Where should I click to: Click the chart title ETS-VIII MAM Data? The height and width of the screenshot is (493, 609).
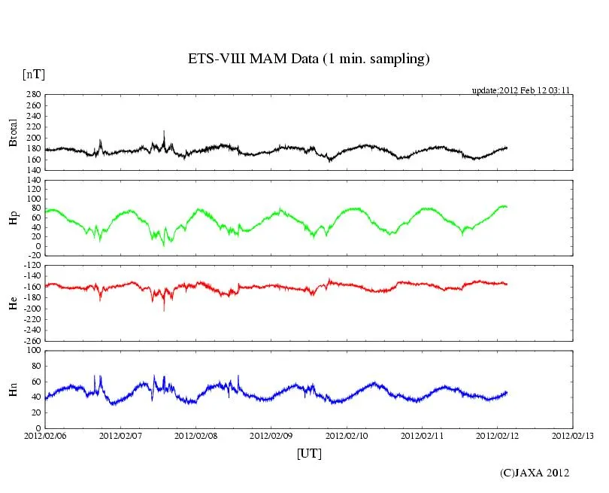308,59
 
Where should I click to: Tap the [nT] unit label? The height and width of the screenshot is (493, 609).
33,74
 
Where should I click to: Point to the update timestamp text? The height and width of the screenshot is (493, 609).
521,90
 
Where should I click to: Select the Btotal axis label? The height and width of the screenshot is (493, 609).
13,132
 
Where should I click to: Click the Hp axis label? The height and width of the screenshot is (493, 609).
13,218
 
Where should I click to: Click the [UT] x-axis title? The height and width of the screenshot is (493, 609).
308,454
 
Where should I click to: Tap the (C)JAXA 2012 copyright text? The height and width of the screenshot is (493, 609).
535,473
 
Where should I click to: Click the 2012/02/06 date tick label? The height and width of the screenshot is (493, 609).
44,435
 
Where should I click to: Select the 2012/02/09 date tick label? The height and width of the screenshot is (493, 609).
271,435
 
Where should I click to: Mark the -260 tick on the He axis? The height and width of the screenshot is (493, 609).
32,340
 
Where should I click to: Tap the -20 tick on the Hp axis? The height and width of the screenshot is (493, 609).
34,255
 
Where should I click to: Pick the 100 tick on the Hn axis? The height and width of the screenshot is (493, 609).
34,350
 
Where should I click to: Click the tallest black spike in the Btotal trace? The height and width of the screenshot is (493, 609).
164,132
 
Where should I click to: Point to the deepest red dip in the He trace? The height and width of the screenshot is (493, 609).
164,309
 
